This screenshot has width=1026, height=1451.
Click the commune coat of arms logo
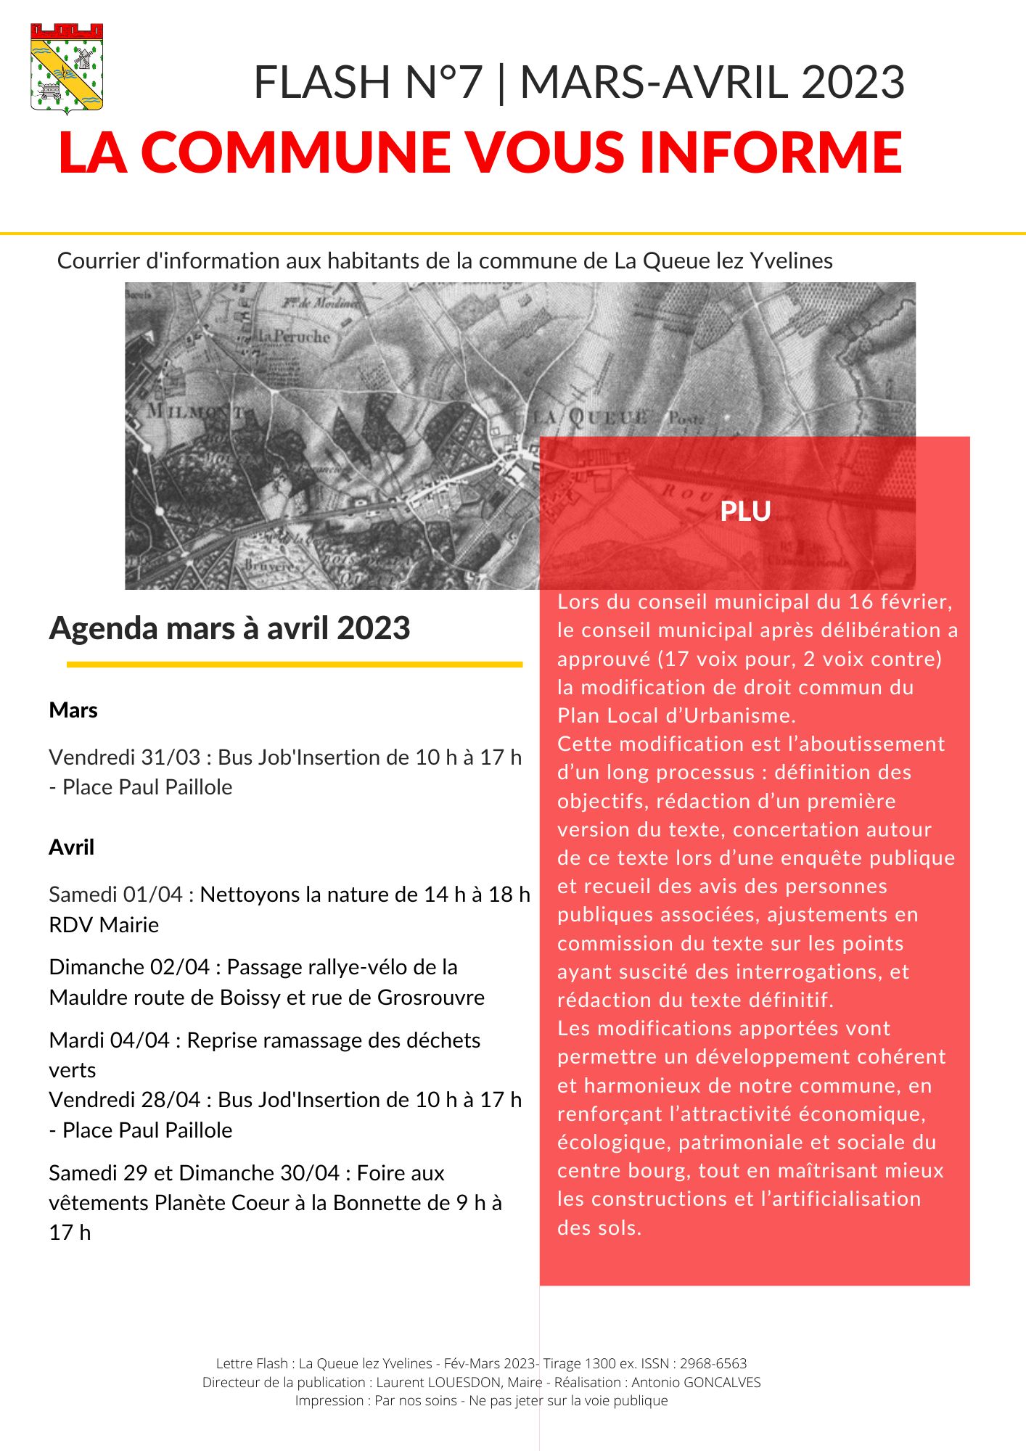[67, 68]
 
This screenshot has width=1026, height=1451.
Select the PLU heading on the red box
[745, 511]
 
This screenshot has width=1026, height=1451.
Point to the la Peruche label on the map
[294, 337]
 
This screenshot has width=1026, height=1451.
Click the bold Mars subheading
[73, 710]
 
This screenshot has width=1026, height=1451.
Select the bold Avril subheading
[72, 847]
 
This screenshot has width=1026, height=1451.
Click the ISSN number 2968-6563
[713, 1364]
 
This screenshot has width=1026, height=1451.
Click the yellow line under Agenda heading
[295, 665]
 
